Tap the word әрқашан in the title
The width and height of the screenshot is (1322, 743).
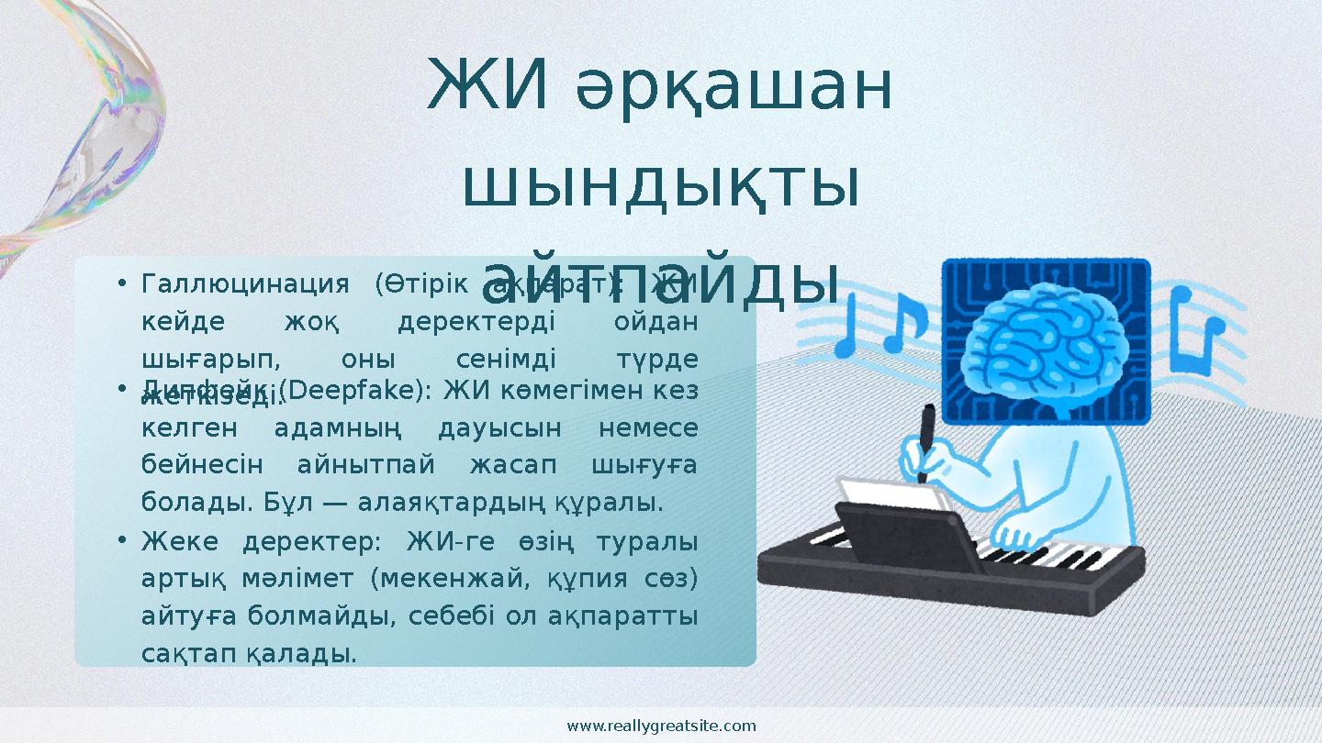click(734, 90)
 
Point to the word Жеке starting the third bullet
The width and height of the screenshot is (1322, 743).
click(180, 541)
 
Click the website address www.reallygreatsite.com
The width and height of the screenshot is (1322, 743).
click(661, 726)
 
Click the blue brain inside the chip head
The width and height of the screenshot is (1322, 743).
click(1047, 338)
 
